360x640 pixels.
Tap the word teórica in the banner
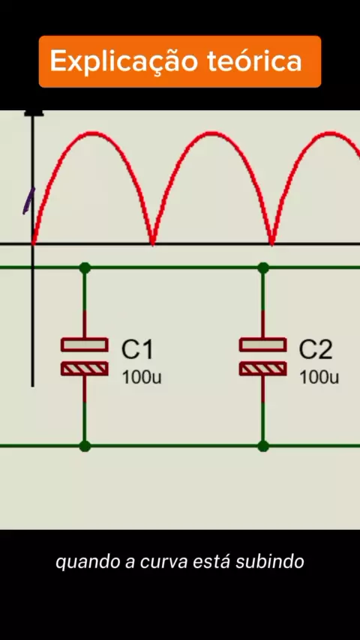(255, 61)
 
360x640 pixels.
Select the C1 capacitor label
(137, 350)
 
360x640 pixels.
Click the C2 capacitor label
(316, 350)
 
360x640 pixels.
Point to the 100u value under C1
(142, 378)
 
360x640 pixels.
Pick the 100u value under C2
(319, 378)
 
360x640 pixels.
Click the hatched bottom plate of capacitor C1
(85, 369)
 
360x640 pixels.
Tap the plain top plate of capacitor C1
(85, 345)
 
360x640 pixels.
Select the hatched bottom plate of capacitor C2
(262, 369)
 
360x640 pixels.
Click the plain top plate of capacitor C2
(262, 345)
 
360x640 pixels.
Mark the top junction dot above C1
(85, 268)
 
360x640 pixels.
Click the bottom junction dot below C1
(85, 446)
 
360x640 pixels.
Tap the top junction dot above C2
(263, 268)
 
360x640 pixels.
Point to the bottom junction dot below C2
(263, 446)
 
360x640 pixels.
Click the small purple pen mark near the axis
(28, 202)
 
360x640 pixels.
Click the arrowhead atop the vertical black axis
(34, 112)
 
